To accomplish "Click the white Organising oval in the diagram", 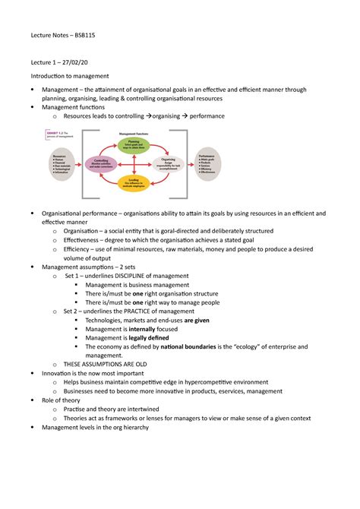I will (x=168, y=163).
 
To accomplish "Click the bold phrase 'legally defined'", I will (x=153, y=337).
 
